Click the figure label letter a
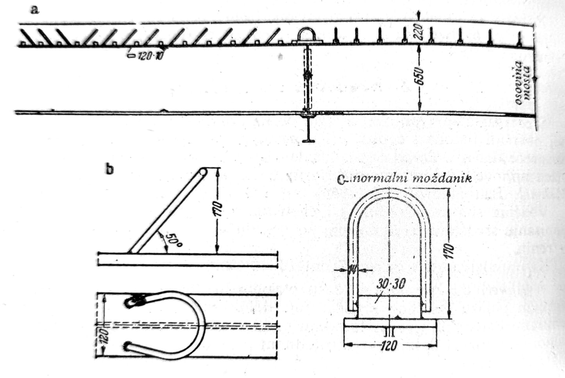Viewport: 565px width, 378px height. [35, 9]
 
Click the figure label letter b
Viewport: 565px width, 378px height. [110, 169]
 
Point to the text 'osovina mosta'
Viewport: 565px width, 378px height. [522, 83]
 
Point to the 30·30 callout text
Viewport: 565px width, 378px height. [391, 284]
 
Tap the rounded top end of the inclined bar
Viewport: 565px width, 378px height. [203, 172]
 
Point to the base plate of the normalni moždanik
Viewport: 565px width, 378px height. [390, 324]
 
